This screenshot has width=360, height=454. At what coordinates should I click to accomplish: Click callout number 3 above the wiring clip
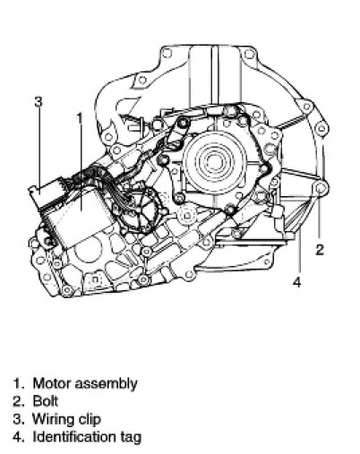tap(39, 102)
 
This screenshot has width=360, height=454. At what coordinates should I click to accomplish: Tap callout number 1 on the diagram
tap(80, 118)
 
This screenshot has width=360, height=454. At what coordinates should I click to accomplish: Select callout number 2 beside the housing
tap(320, 250)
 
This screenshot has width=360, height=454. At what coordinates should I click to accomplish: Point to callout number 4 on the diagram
tap(296, 282)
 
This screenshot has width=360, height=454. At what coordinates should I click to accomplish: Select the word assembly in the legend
tap(106, 384)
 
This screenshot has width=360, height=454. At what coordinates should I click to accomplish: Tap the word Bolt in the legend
tap(46, 401)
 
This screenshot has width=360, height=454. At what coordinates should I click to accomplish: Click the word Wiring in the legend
tap(53, 419)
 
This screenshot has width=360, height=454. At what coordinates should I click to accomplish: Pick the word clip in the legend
tap(90, 419)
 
